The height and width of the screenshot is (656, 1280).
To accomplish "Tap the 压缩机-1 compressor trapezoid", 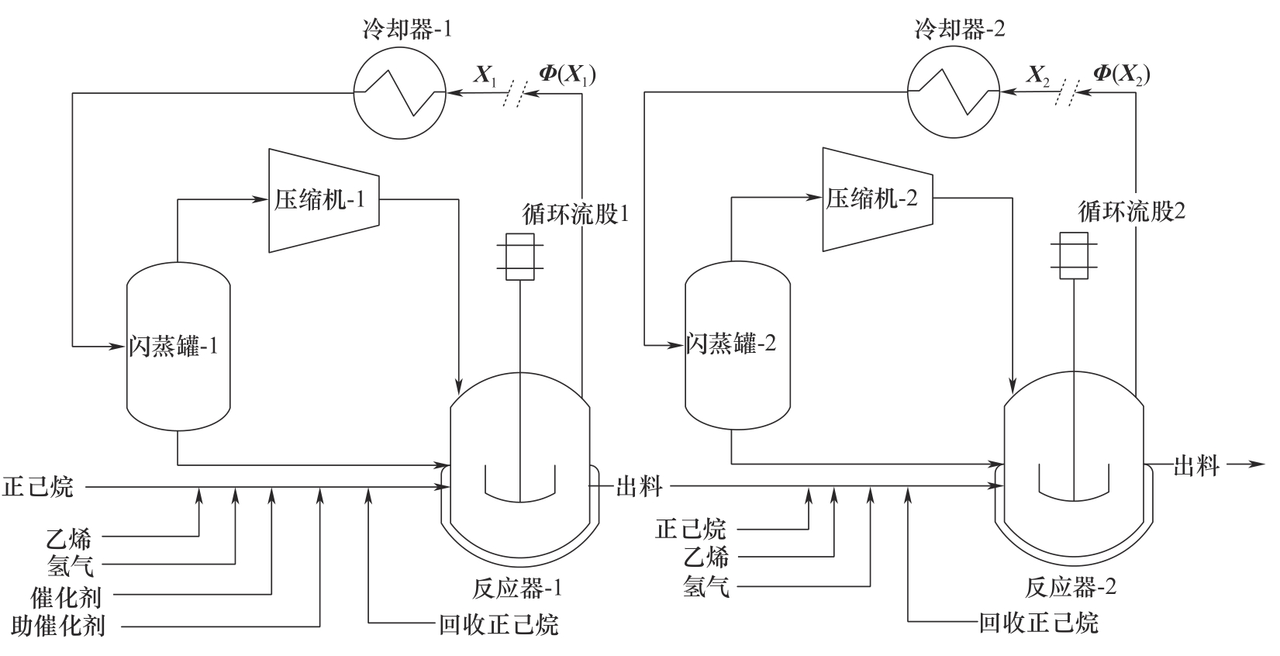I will [x=323, y=200].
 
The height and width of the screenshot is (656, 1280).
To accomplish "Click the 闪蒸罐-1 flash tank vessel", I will [x=178, y=346].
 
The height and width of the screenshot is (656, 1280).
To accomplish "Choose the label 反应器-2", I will [x=1071, y=587].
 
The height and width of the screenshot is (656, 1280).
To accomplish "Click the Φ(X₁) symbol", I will [x=567, y=74].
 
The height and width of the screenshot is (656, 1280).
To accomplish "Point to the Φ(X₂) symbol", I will [x=1121, y=74].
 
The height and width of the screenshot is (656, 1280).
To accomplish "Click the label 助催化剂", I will [x=59, y=626].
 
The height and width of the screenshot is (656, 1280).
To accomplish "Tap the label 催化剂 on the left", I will [x=66, y=596].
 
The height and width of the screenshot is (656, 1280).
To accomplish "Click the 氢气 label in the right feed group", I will [x=706, y=587].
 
